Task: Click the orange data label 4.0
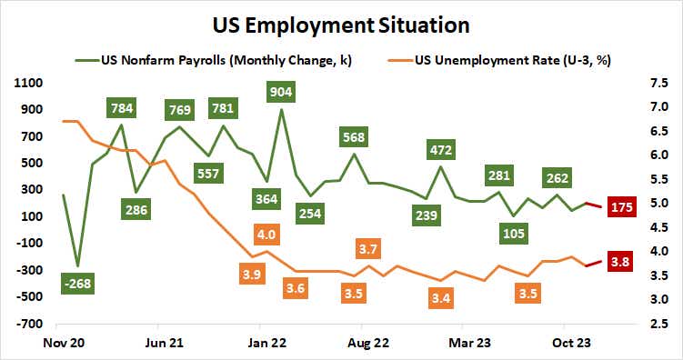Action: [266, 235]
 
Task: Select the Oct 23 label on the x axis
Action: [564, 342]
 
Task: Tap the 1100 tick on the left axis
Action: [29, 83]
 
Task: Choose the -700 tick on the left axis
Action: [29, 324]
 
